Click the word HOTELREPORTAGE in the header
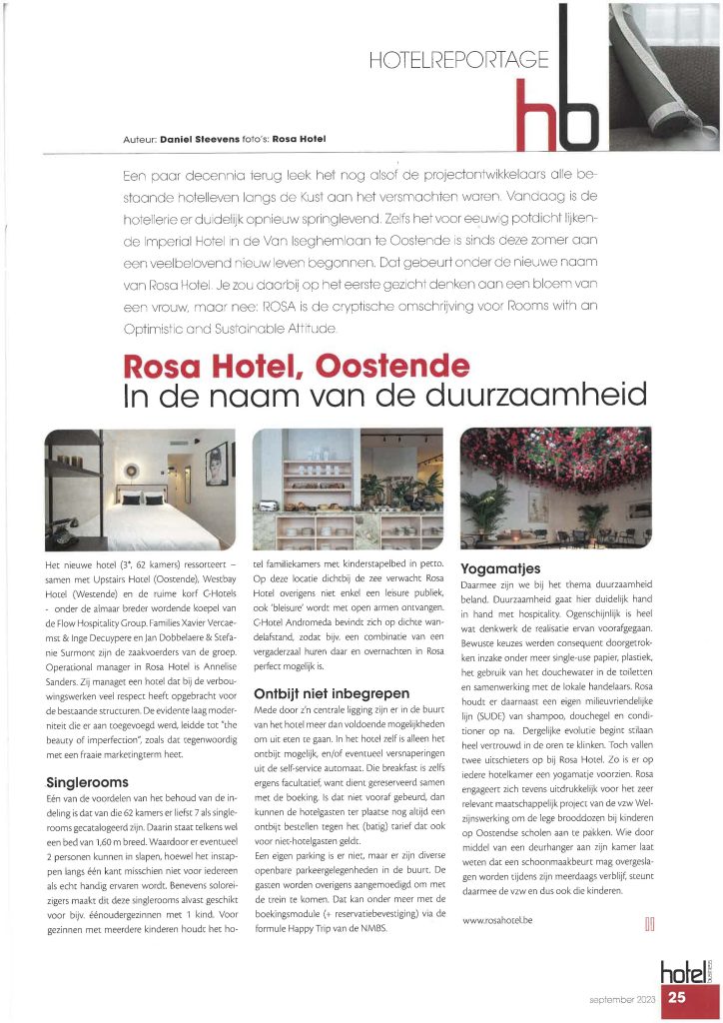(x=457, y=58)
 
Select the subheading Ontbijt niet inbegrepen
(x=327, y=691)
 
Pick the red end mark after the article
(x=649, y=923)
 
